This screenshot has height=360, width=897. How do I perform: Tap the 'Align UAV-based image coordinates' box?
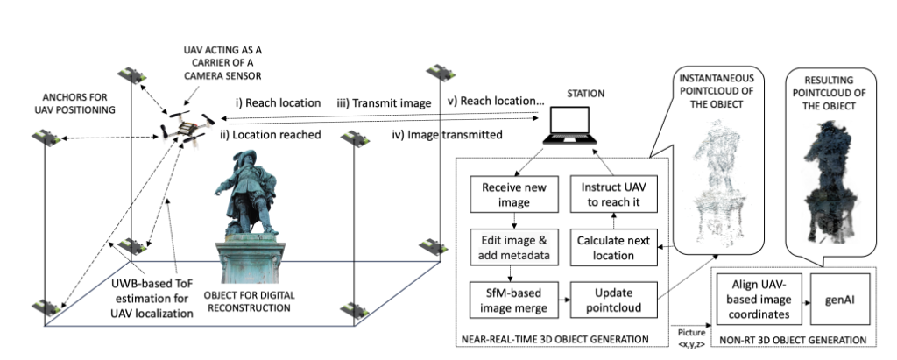[x=755, y=300]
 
